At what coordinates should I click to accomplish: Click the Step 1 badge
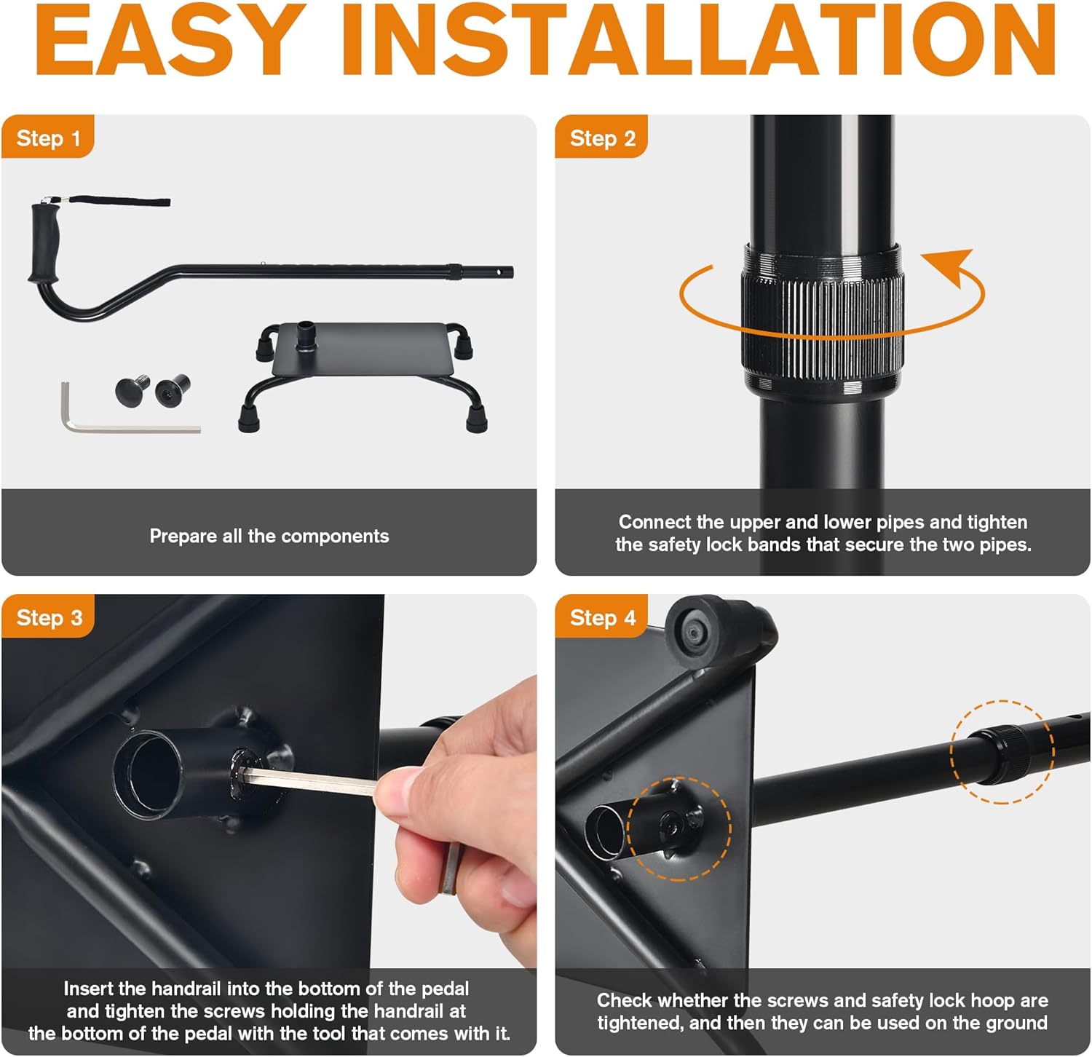point(48,137)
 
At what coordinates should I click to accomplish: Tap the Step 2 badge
point(602,137)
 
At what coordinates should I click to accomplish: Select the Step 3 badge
point(48,617)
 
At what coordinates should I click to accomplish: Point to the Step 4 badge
point(602,617)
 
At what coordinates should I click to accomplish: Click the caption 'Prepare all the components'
point(269,536)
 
